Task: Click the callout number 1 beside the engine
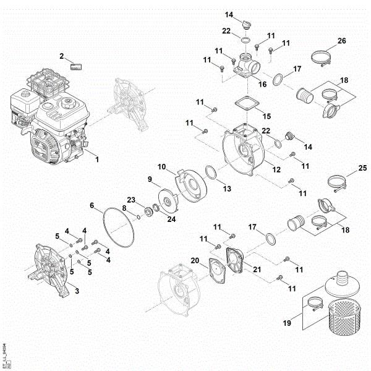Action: point(96,159)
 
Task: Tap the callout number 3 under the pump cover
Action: point(76,289)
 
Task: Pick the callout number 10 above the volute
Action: point(161,167)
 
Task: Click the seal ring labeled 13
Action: point(210,173)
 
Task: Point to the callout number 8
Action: point(124,208)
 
